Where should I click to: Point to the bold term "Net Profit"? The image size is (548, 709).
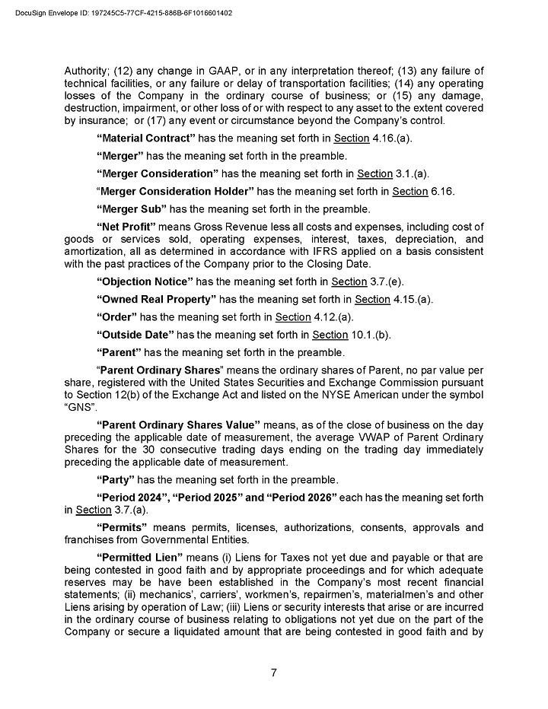[126, 227]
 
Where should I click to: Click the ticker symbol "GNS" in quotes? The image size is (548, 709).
[78, 407]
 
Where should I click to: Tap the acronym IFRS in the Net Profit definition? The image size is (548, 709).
[306, 252]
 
